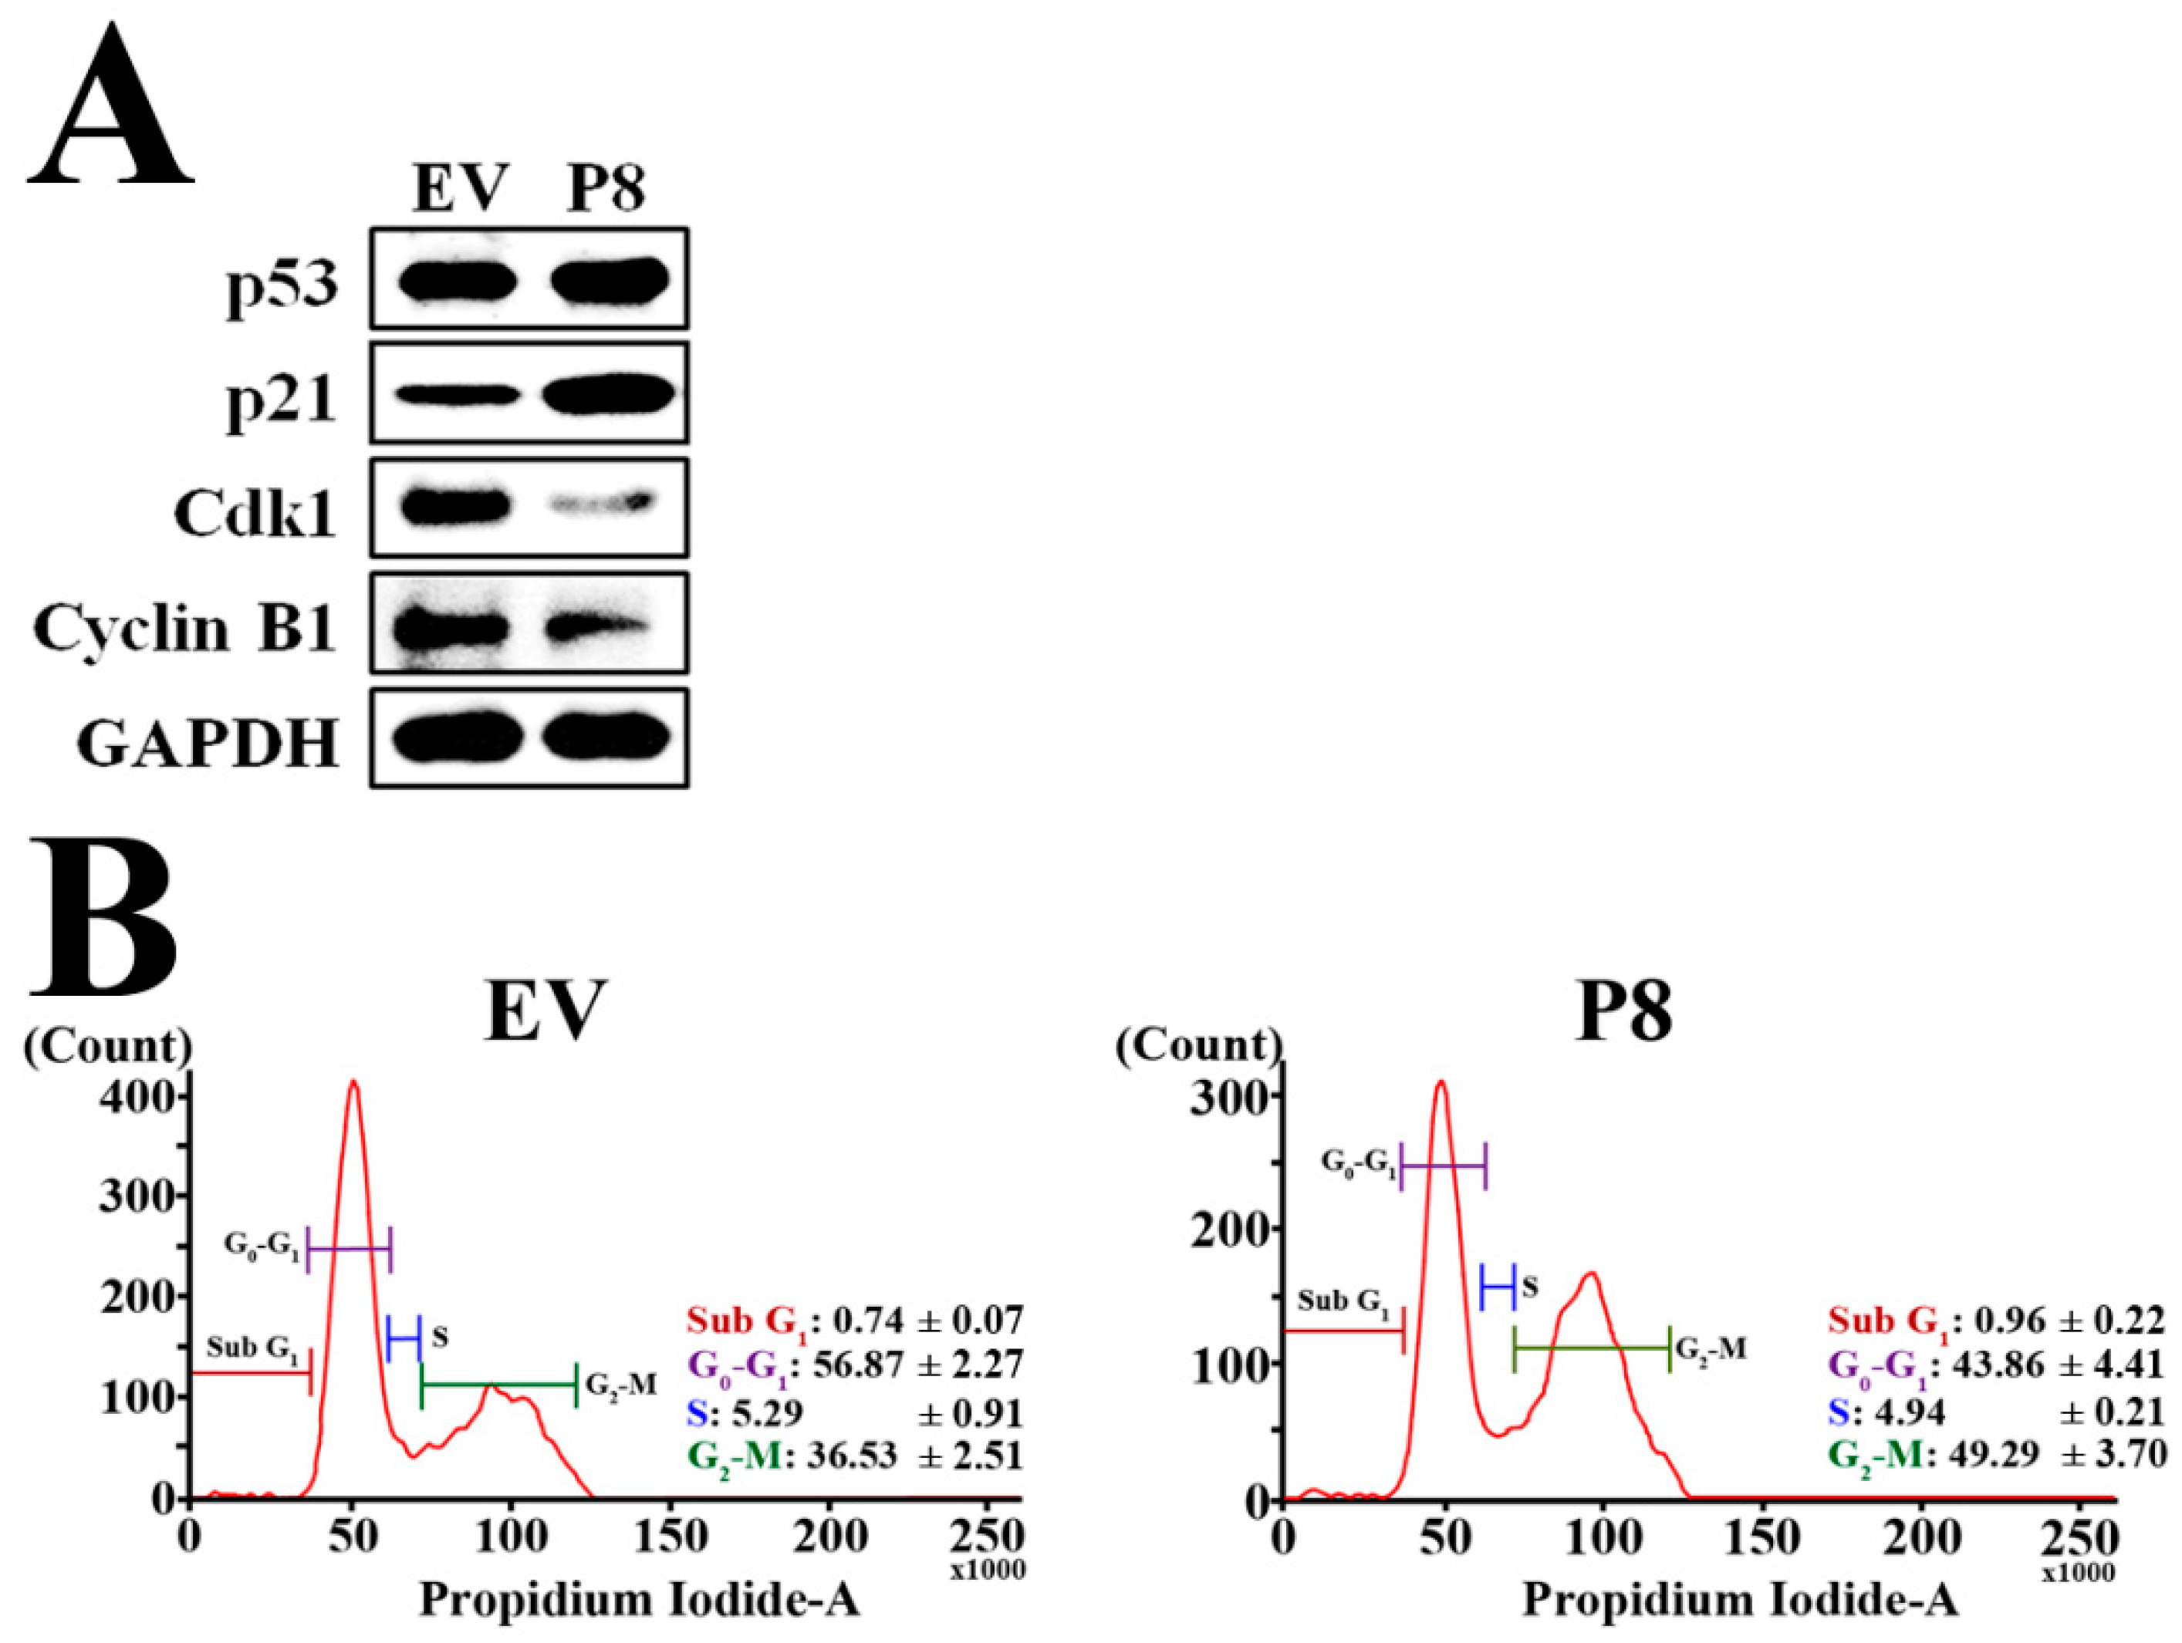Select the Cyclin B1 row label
[185, 627]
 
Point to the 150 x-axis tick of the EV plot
[670, 1537]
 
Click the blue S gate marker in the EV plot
[404, 1339]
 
